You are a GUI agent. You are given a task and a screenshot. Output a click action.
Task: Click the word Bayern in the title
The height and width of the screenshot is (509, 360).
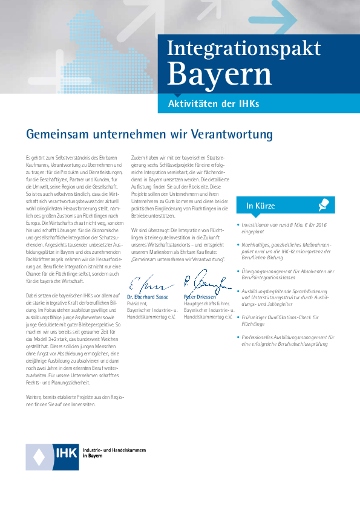(220, 74)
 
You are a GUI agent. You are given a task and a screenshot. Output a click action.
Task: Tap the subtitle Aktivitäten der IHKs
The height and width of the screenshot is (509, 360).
(213, 104)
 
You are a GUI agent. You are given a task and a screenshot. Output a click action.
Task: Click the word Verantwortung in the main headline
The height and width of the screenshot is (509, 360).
(225, 134)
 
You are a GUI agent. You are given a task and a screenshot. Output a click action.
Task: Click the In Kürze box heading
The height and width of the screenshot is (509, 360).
(260, 206)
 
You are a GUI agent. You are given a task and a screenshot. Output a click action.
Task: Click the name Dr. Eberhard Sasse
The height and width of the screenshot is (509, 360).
(148, 297)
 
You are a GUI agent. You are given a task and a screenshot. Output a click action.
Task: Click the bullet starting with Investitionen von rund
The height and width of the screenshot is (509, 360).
(285, 227)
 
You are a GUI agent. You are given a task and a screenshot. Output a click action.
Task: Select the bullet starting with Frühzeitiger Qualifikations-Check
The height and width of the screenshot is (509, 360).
(280, 320)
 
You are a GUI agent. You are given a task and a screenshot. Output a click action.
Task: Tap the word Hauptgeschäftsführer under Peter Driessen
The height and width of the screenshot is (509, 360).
(208, 304)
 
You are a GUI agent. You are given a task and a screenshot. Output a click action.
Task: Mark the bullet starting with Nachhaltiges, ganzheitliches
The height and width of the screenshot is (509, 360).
(285, 248)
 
